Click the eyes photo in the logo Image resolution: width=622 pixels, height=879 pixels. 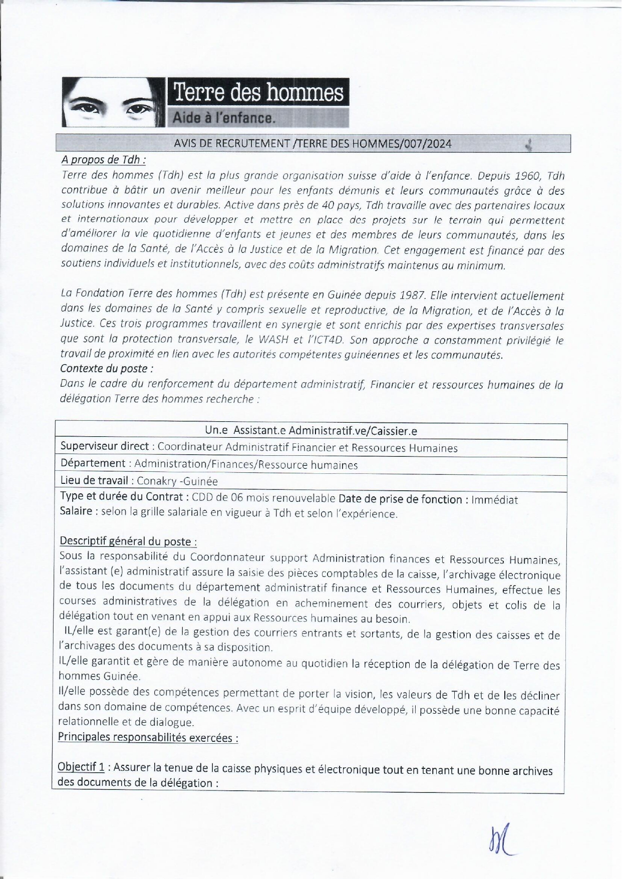(113, 102)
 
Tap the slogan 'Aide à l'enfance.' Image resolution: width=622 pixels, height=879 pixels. (223, 118)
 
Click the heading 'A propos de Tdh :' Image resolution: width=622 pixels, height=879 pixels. (104, 160)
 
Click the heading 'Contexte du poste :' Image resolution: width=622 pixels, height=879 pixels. (107, 369)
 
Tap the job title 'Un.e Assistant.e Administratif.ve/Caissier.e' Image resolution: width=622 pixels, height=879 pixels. (311, 431)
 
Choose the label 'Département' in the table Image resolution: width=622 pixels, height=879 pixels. (93, 464)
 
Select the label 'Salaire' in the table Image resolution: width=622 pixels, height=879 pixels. (76, 512)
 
